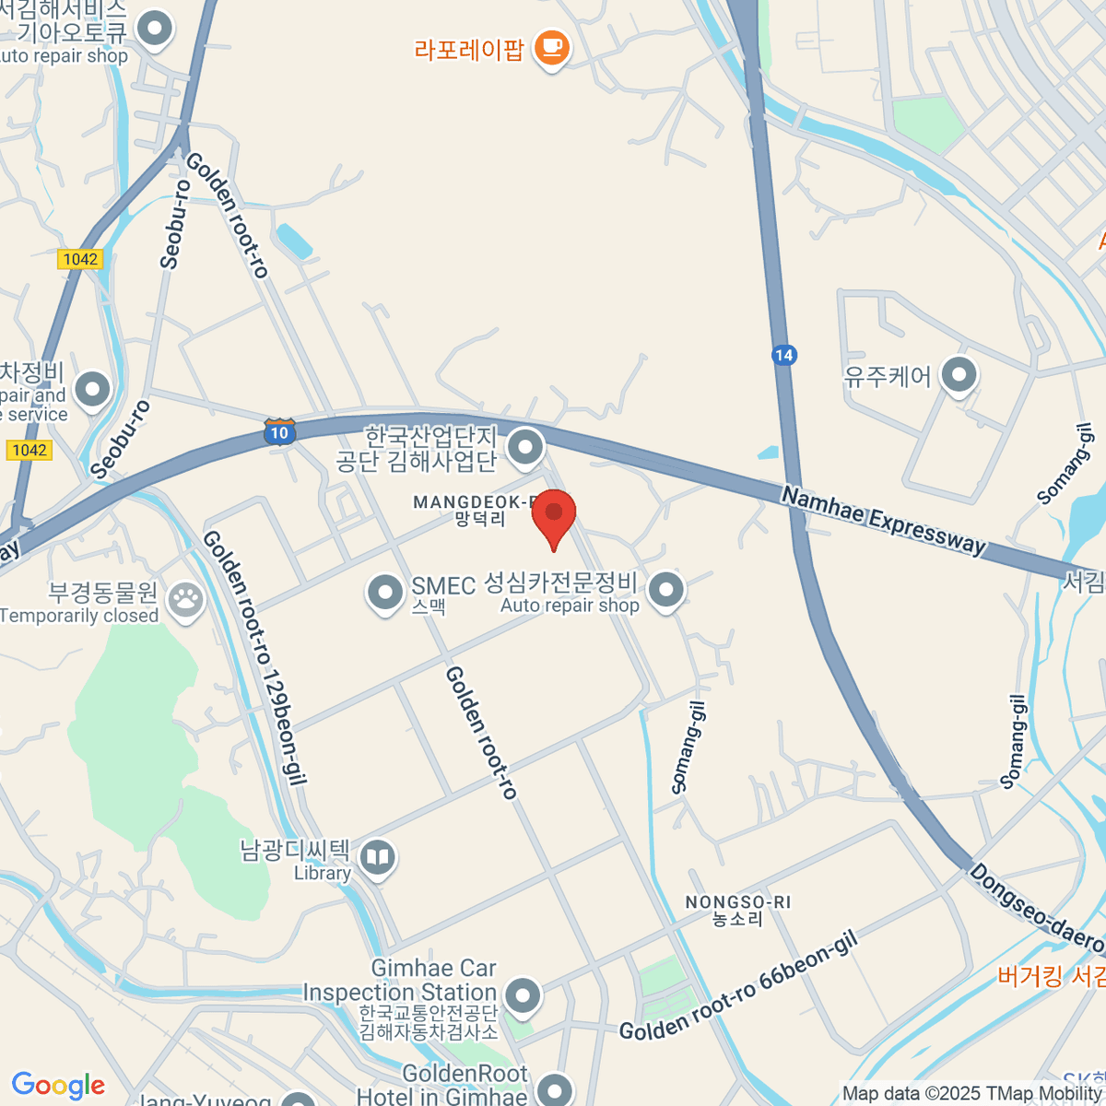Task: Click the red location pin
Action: pyautogui.click(x=554, y=516)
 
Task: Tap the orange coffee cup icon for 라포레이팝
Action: pyautogui.click(x=551, y=47)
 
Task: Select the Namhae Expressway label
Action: pyautogui.click(x=883, y=521)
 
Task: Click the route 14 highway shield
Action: pyautogui.click(x=783, y=355)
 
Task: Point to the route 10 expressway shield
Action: pyautogui.click(x=279, y=431)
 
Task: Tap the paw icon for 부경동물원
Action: pyautogui.click(x=187, y=600)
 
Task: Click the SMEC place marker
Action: pyautogui.click(x=385, y=592)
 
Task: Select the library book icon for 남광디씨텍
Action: pyautogui.click(x=377, y=858)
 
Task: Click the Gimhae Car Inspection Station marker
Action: pyautogui.click(x=523, y=996)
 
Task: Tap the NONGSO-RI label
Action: pyautogui.click(x=737, y=902)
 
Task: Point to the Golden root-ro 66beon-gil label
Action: pyautogui.click(x=738, y=985)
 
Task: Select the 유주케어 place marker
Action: pyautogui.click(x=959, y=375)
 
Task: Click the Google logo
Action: pyautogui.click(x=58, y=1086)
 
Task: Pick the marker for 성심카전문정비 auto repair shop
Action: pyautogui.click(x=665, y=590)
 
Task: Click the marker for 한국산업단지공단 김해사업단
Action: pyautogui.click(x=525, y=448)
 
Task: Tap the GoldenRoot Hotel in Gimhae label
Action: pyautogui.click(x=442, y=1085)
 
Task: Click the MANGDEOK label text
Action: pyautogui.click(x=474, y=502)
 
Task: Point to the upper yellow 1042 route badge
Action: pyautogui.click(x=80, y=259)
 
